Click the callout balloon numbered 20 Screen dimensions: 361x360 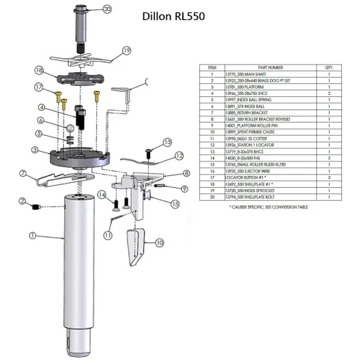coord(106,9)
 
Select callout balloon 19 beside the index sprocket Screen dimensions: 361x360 coord(126,51)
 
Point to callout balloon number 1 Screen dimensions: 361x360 coord(33,235)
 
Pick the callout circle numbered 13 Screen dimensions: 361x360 coord(167,142)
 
